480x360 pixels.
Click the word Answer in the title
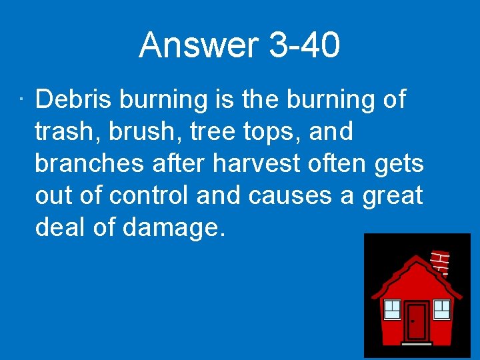pos(199,45)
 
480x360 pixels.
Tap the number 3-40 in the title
pos(304,45)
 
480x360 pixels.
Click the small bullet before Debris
pos(21,101)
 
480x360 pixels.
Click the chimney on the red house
pos(439,262)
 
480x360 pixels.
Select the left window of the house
pos(392,309)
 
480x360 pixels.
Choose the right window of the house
pos(443,309)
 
